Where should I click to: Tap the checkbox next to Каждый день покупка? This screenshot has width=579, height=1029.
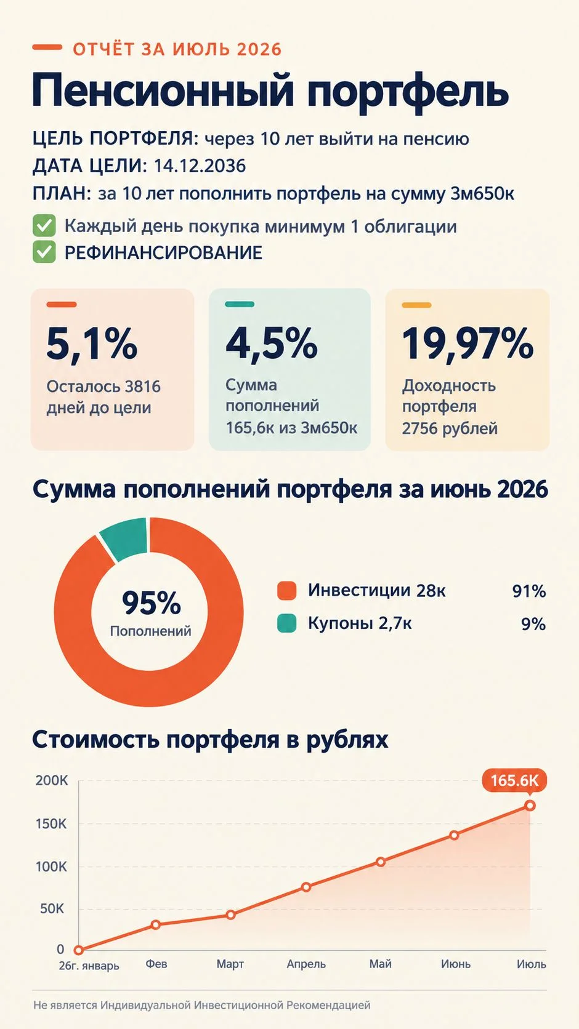pyautogui.click(x=44, y=225)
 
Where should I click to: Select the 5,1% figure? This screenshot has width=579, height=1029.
pyautogui.click(x=92, y=343)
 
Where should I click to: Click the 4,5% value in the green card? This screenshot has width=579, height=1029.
pyautogui.click(x=272, y=343)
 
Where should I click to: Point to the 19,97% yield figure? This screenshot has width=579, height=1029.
pyautogui.click(x=468, y=343)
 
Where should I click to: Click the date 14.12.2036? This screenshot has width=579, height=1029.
pyautogui.click(x=200, y=166)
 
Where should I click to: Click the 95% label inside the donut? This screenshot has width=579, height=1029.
pyautogui.click(x=151, y=603)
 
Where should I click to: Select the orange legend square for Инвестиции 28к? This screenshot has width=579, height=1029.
pyautogui.click(x=286, y=590)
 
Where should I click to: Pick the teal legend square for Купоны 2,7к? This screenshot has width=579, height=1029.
pyautogui.click(x=286, y=623)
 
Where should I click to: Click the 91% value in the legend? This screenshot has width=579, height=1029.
pyautogui.click(x=529, y=591)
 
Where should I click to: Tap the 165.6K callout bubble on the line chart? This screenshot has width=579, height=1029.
pyautogui.click(x=514, y=780)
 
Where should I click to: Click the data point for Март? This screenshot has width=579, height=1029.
pyautogui.click(x=231, y=915)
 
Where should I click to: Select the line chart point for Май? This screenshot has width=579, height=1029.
pyautogui.click(x=380, y=862)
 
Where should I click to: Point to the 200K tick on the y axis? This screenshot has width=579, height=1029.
pyautogui.click(x=52, y=780)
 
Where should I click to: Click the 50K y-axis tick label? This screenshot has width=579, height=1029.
pyautogui.click(x=52, y=908)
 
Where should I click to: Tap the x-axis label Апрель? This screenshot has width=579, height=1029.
pyautogui.click(x=306, y=964)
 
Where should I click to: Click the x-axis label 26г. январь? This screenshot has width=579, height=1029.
pyautogui.click(x=89, y=966)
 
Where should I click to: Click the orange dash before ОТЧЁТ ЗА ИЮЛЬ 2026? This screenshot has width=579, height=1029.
pyautogui.click(x=47, y=47)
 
